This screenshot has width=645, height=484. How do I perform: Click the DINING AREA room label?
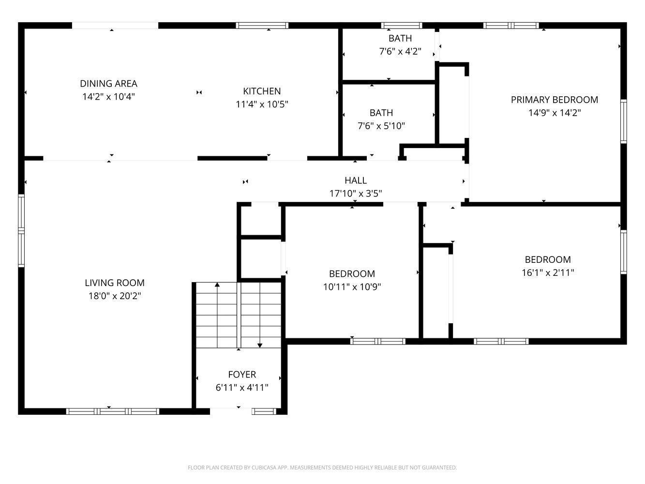click(x=108, y=83)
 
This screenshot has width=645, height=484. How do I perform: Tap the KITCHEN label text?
click(x=262, y=91)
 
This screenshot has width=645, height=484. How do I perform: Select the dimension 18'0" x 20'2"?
click(x=115, y=296)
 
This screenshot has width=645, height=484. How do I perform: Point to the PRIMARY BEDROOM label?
click(x=555, y=100)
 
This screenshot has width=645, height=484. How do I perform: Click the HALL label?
click(x=356, y=180)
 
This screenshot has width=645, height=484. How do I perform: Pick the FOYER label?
click(x=242, y=375)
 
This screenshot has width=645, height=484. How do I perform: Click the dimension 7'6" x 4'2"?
click(x=400, y=51)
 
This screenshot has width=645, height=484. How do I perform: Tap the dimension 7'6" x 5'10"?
click(x=381, y=126)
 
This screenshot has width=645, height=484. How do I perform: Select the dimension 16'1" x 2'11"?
click(x=548, y=272)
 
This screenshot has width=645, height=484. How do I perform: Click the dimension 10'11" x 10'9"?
click(x=352, y=287)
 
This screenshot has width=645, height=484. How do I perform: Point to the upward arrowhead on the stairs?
click(x=217, y=285)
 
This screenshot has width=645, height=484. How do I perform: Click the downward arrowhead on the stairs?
click(x=260, y=346)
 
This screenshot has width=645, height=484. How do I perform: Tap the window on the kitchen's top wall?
click(x=262, y=26)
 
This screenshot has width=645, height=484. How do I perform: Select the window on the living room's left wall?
click(x=21, y=231)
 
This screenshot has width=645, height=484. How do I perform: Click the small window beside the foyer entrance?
click(x=264, y=411)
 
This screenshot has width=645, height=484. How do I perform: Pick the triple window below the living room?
click(x=113, y=411)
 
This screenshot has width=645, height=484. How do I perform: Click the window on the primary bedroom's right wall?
click(x=624, y=121)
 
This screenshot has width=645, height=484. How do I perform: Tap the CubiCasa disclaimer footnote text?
click(x=322, y=468)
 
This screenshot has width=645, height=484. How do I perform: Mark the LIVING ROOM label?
click(x=115, y=283)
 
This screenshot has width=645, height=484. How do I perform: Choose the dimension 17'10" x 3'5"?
click(x=356, y=194)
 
